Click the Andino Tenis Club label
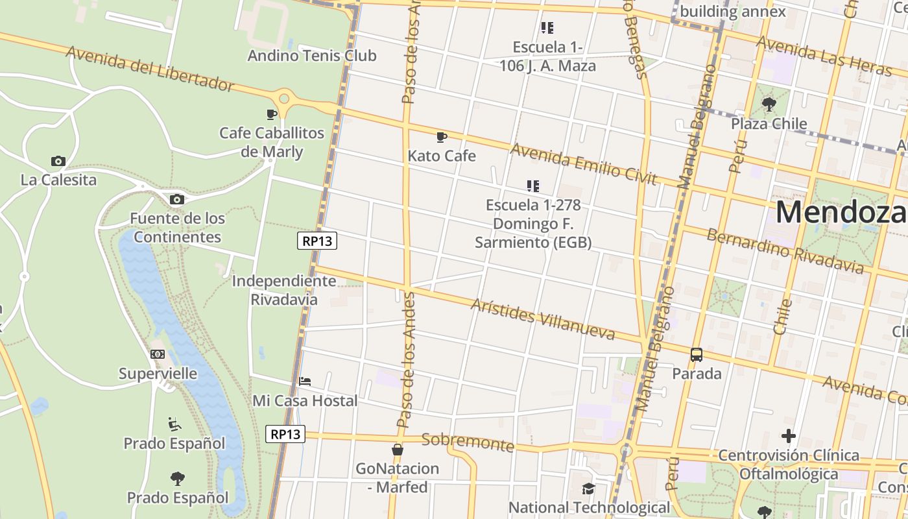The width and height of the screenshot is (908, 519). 312,56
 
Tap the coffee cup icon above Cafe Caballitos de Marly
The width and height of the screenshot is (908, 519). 272,115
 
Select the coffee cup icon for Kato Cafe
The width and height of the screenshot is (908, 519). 442,137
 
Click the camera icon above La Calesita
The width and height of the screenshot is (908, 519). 58,161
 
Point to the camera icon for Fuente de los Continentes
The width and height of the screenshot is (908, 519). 177,199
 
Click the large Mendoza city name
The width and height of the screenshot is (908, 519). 841,213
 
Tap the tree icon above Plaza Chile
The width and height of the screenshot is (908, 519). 769,104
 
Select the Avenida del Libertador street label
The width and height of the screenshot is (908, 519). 149,69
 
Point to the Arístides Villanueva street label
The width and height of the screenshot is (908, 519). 543,319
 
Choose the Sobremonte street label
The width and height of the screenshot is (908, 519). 468,442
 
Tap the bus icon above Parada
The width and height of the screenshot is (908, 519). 697,355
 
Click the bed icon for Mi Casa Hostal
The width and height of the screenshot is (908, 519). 305,381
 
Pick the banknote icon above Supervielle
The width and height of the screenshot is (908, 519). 158,354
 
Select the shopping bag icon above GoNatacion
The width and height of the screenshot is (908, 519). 398,450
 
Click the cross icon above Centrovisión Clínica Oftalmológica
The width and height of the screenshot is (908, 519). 789,436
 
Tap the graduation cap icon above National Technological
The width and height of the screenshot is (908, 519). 589,489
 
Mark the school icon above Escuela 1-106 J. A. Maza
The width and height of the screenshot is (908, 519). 547,28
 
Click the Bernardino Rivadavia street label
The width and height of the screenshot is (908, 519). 785,251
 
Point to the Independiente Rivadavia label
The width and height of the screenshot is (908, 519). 284,290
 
